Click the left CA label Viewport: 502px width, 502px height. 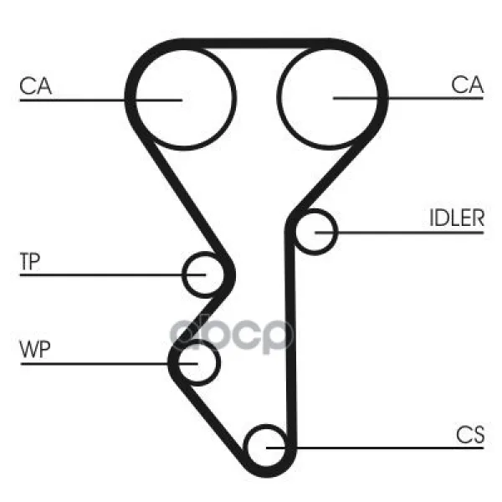tap(35, 86)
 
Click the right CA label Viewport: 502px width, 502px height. tap(467, 85)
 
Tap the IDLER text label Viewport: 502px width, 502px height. tap(457, 218)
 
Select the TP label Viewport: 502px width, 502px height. tap(30, 261)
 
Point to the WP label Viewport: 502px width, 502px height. tap(35, 349)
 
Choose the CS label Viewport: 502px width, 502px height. tap(470, 435)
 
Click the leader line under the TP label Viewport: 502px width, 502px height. tap(113, 274)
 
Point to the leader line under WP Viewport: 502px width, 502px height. tap(109, 364)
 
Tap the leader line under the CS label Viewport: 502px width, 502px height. tap(375, 448)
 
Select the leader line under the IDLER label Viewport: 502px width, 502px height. tap(400, 233)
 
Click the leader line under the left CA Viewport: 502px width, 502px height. tap(101, 100)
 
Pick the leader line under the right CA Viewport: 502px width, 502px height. tap(408, 98)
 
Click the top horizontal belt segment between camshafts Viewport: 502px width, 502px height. tap(256, 44)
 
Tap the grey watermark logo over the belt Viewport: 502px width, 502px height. tap(231, 336)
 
